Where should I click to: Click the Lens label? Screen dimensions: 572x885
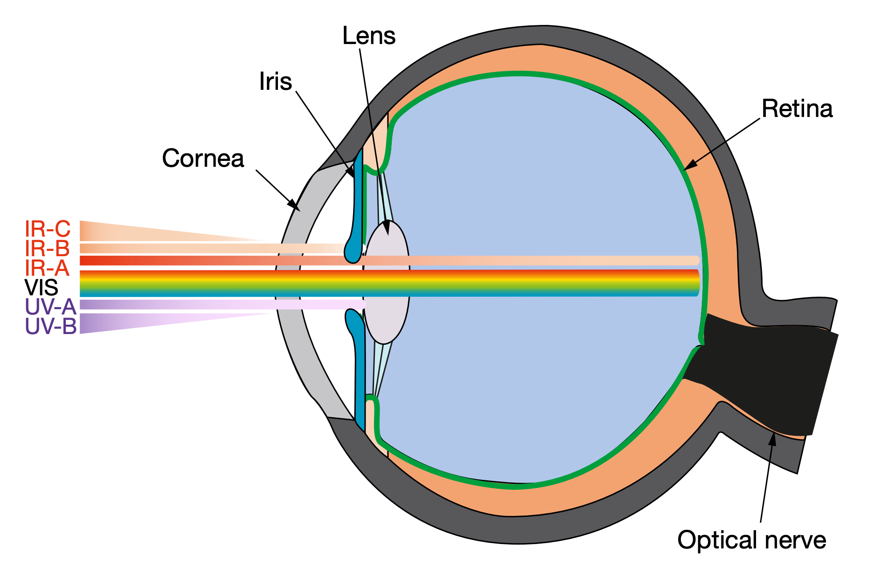[x=369, y=36]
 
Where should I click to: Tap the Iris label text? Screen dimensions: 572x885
[x=275, y=82]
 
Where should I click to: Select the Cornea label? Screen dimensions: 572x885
[x=203, y=158]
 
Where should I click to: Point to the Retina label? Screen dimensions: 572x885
[x=797, y=109]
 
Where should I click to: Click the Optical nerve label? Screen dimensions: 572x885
[x=752, y=540]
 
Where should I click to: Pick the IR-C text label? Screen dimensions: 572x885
[x=48, y=229]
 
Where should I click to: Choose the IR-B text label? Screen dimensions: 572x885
[x=47, y=249]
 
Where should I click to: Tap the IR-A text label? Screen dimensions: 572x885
[x=47, y=268]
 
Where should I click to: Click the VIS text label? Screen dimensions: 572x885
[x=41, y=288]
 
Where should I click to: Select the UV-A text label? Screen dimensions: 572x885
[x=50, y=307]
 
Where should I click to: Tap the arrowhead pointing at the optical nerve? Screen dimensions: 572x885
[x=772, y=439]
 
